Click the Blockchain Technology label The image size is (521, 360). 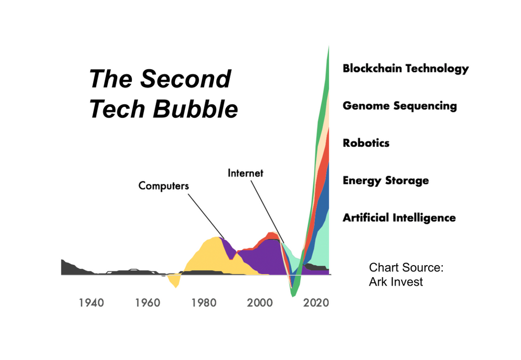pyautogui.click(x=405, y=68)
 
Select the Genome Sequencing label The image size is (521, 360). pyautogui.click(x=400, y=106)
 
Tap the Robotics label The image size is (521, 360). pyautogui.click(x=366, y=143)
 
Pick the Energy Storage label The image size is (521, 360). pyautogui.click(x=386, y=181)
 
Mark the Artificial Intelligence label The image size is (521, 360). pyautogui.click(x=399, y=218)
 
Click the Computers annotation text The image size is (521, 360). pyautogui.click(x=163, y=185)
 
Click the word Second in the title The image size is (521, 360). pyautogui.click(x=186, y=79)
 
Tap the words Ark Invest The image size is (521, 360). pyautogui.click(x=396, y=282)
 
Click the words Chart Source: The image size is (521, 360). pyautogui.click(x=406, y=268)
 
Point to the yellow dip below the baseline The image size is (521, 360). pyautogui.click(x=175, y=282)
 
